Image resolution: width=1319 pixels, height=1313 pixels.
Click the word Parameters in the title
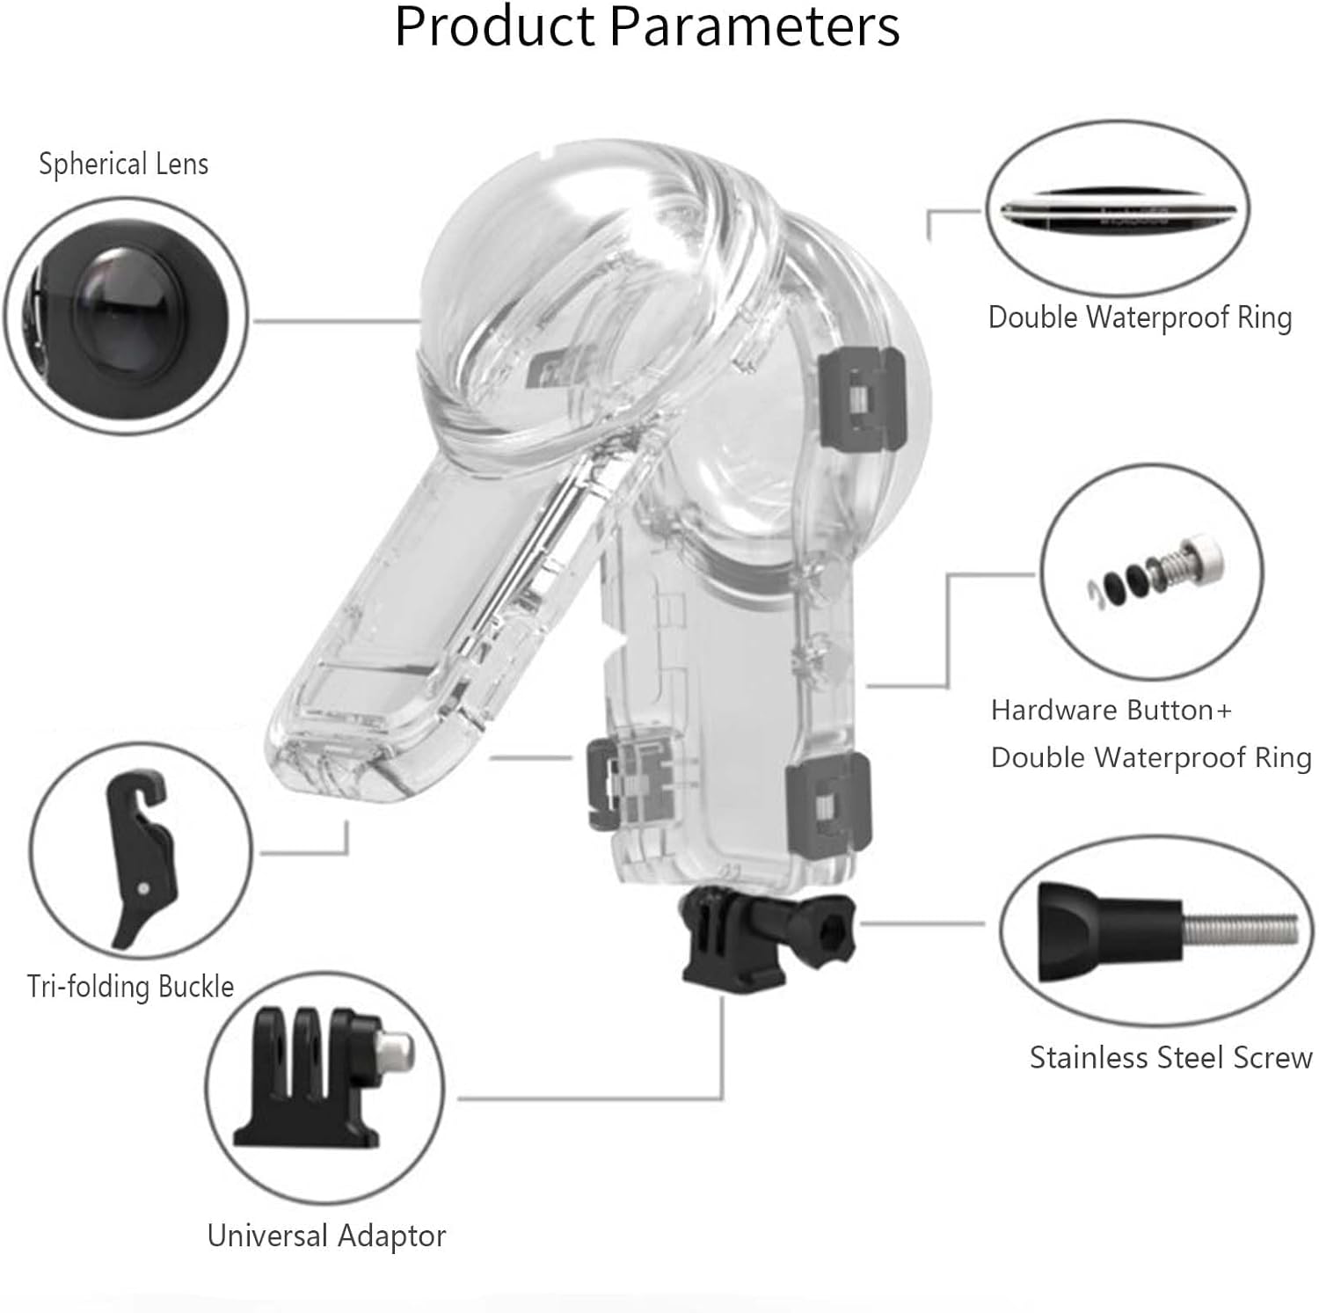754,26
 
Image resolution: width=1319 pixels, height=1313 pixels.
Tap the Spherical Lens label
123,164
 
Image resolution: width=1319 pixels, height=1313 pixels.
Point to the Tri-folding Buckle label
130,986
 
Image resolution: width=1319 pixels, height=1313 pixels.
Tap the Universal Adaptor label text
326,1236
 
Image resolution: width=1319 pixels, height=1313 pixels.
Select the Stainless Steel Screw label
1170,1057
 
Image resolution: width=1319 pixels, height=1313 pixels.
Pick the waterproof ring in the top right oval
1117,210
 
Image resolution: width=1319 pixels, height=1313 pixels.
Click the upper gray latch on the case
860,390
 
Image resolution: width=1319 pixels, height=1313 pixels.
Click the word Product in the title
496,26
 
